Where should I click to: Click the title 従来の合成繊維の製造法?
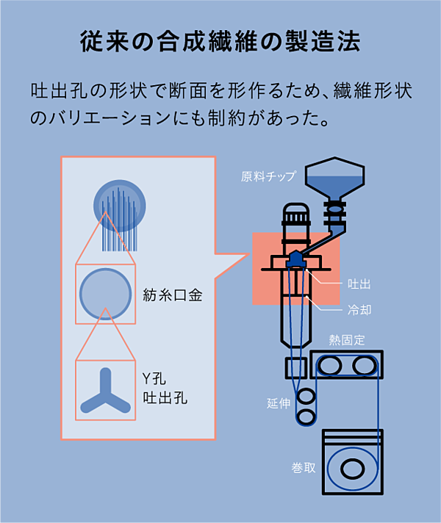220,41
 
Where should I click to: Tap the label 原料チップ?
268,176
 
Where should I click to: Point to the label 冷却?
359,309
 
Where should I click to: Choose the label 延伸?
279,403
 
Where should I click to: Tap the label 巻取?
304,468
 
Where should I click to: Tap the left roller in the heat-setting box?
329,364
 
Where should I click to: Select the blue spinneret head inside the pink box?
295,259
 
